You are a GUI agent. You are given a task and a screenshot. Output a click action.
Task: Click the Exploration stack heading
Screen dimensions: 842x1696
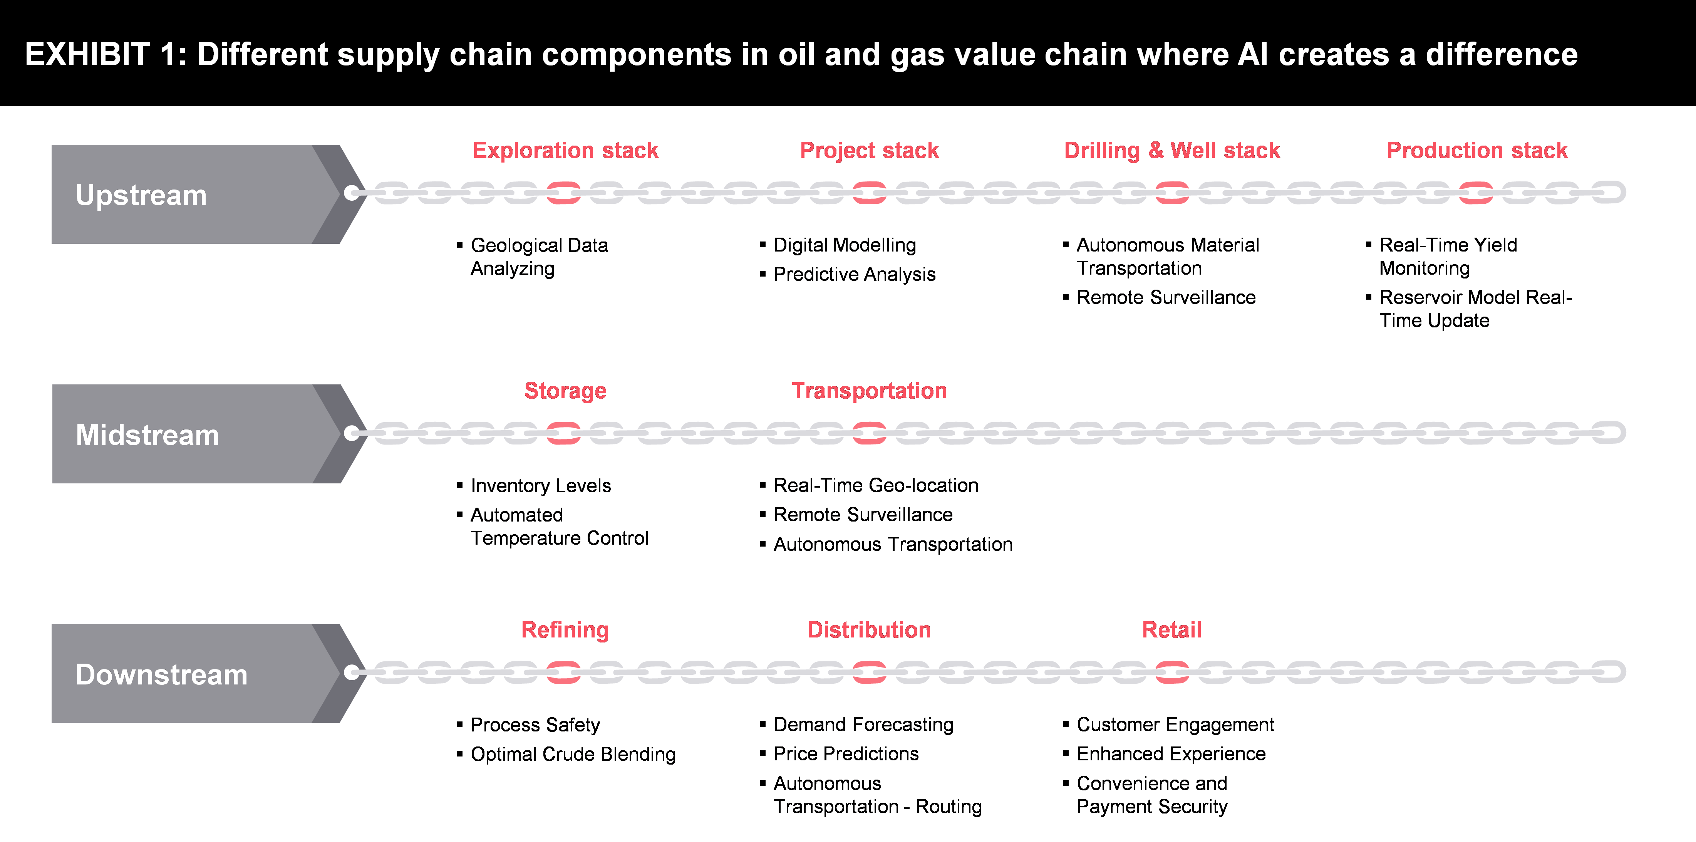565,150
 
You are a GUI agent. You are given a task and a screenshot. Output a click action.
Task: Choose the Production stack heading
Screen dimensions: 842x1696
1477,150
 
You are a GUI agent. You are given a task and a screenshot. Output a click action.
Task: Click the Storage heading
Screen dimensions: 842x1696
565,391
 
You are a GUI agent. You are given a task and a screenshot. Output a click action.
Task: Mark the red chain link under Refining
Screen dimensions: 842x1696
563,672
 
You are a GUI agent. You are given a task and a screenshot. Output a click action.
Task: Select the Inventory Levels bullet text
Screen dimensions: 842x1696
541,486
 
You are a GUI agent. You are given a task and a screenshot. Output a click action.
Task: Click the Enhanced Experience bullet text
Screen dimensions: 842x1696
1171,754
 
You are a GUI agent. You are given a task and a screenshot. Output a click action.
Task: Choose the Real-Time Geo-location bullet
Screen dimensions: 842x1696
876,485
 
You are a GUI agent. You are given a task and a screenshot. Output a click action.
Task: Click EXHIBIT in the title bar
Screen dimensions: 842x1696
87,54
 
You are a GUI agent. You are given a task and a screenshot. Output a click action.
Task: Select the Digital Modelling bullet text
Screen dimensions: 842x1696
844,245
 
